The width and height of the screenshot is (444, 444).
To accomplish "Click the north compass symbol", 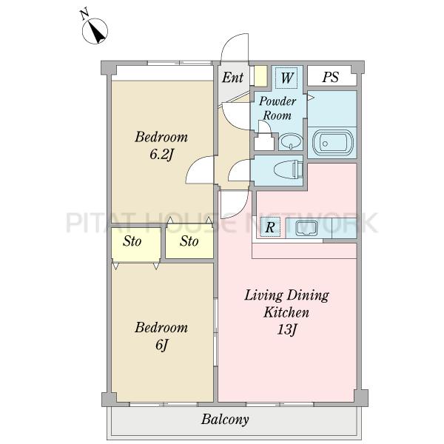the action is click(x=95, y=31).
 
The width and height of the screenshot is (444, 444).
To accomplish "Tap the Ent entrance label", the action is click(x=232, y=77).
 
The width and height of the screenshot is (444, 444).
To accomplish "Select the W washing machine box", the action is click(x=287, y=77).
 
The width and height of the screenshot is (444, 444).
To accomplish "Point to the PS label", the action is click(x=331, y=77).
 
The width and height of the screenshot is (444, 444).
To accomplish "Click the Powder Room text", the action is click(x=277, y=109).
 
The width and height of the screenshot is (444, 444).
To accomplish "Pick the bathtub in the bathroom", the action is click(x=332, y=143).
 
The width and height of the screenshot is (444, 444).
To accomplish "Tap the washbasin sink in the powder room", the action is click(x=291, y=141).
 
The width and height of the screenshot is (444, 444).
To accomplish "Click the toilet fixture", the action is click(x=289, y=169).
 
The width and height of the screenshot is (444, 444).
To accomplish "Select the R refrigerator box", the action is click(x=270, y=227).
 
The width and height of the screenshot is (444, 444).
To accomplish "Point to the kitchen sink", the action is click(x=306, y=228).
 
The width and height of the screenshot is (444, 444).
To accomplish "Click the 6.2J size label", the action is click(x=161, y=155).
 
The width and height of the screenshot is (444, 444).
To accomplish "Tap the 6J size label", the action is click(x=161, y=345).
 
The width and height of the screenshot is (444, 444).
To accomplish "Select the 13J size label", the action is click(x=287, y=329).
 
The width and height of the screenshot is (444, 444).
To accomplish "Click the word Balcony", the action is click(x=225, y=420).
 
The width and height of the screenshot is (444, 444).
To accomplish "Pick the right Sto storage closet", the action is click(x=189, y=241).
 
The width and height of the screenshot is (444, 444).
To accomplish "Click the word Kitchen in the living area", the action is click(x=286, y=312).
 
